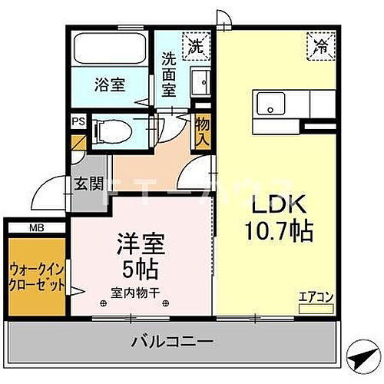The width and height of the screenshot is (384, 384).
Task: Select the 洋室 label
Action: click(x=140, y=245)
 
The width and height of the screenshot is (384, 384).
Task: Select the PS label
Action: click(x=78, y=121)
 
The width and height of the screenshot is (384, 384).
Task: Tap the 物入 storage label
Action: click(x=202, y=131)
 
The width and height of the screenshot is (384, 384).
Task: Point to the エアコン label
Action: click(x=316, y=296)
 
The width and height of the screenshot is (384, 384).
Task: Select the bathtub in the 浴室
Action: click(x=109, y=51)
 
